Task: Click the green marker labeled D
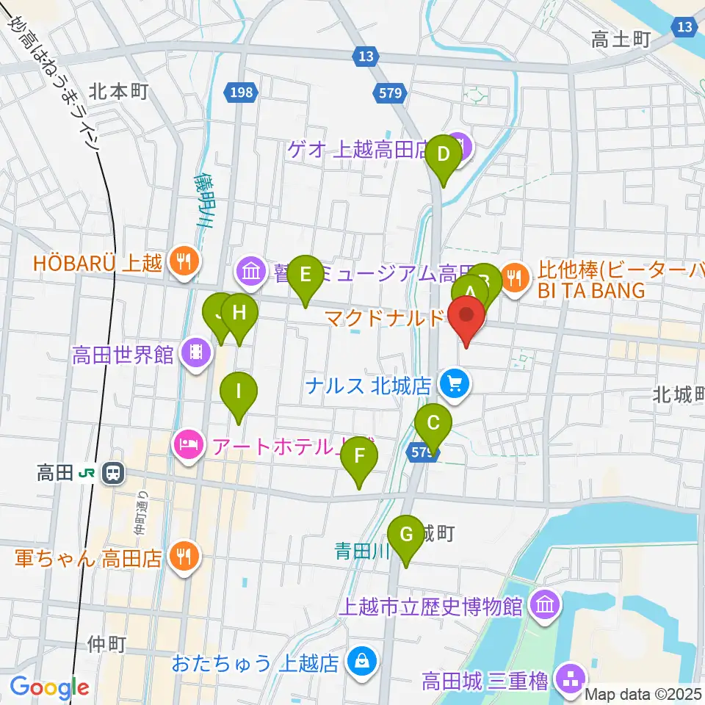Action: pyautogui.click(x=444, y=155)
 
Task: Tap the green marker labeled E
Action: pyautogui.click(x=305, y=275)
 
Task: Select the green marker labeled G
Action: pyautogui.click(x=406, y=535)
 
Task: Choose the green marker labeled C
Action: pyautogui.click(x=433, y=424)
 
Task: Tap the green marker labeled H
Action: pyautogui.click(x=239, y=314)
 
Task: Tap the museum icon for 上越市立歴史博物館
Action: pyautogui.click(x=545, y=606)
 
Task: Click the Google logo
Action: pyautogui.click(x=49, y=688)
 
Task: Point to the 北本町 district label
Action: pyautogui.click(x=120, y=91)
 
